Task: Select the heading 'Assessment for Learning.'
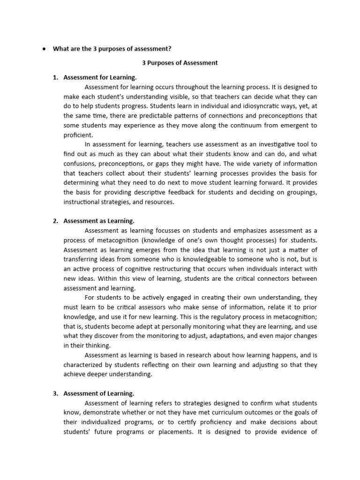(100, 77)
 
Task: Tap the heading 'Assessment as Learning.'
(99, 221)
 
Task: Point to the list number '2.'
(55, 221)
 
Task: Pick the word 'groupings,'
(300, 192)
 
